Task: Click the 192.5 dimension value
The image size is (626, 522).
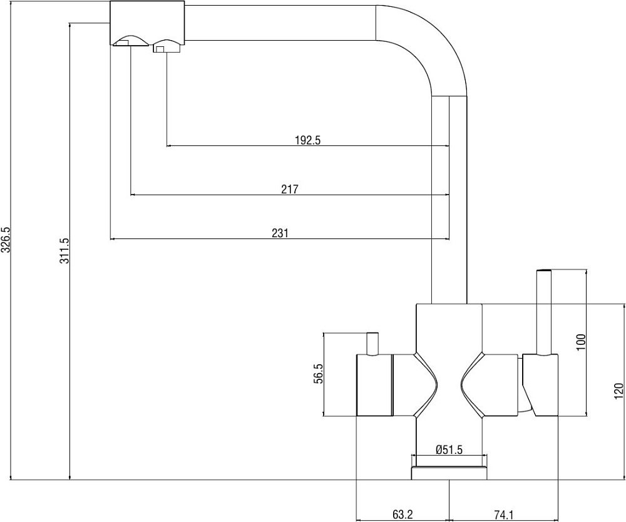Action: pyautogui.click(x=308, y=140)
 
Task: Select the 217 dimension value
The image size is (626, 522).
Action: pyautogui.click(x=290, y=189)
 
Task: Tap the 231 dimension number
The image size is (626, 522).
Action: pyautogui.click(x=280, y=233)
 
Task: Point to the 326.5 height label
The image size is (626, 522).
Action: pyautogui.click(x=6, y=240)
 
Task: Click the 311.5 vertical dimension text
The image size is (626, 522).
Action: pyautogui.click(x=64, y=250)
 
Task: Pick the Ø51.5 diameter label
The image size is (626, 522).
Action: pyautogui.click(x=449, y=450)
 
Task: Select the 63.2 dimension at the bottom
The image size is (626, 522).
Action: pyautogui.click(x=402, y=515)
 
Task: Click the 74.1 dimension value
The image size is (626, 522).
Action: pyautogui.click(x=503, y=515)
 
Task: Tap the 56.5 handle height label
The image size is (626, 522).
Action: pyautogui.click(x=318, y=374)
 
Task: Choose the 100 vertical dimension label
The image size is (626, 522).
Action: pyautogui.click(x=581, y=342)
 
